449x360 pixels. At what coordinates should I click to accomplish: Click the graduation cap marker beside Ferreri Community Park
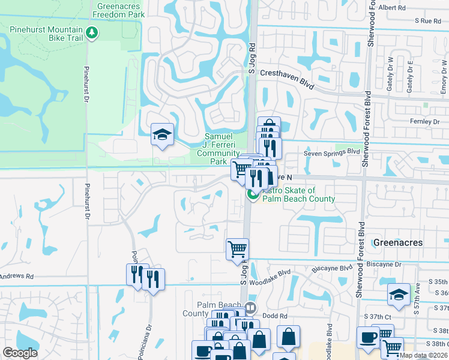click(161, 135)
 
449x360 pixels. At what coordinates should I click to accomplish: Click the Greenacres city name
click(398, 242)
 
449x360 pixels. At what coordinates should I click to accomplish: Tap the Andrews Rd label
click(17, 277)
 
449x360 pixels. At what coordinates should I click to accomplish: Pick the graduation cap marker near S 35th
click(399, 294)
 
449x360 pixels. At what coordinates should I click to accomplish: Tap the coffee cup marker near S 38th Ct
click(367, 337)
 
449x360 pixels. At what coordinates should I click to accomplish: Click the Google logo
click(20, 353)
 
